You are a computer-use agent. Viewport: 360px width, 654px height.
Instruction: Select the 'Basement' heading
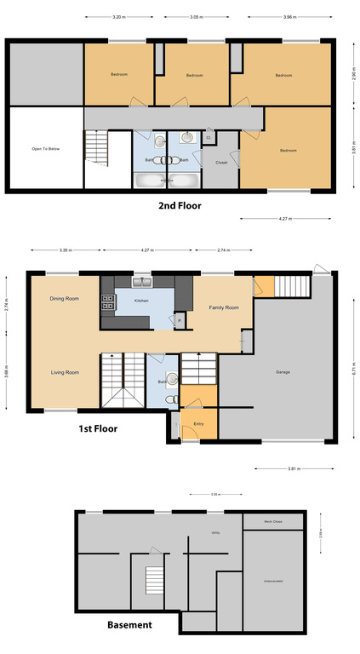(129, 624)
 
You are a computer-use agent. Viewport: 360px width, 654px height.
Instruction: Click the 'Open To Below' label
(45, 148)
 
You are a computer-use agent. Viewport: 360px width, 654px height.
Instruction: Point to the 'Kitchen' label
(140, 301)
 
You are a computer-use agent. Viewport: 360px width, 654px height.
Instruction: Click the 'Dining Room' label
(64, 299)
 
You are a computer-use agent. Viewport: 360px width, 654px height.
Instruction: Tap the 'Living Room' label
(64, 372)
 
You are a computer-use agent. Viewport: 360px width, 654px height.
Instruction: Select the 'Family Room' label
(225, 307)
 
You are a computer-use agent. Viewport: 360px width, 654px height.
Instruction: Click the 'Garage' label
(283, 372)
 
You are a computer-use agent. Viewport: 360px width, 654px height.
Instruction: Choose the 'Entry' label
(199, 423)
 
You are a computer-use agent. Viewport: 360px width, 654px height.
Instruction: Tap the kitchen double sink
(141, 282)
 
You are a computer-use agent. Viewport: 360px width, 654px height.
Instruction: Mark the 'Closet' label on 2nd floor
(221, 161)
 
